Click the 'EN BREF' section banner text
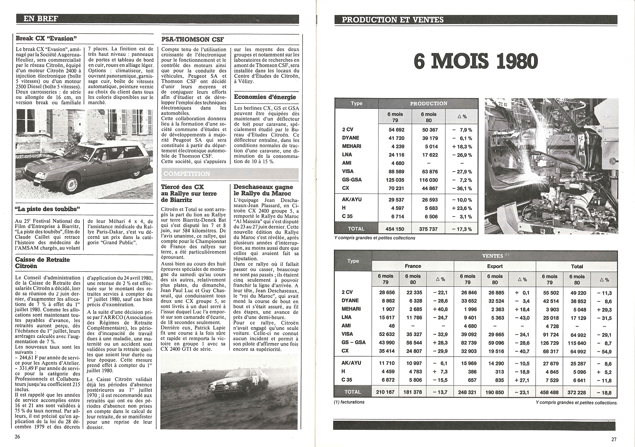click(41, 19)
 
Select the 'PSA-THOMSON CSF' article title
click(193, 39)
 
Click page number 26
click(17, 437)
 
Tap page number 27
click(613, 439)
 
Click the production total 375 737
click(429, 229)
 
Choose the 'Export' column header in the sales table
click(495, 266)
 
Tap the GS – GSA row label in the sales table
click(354, 342)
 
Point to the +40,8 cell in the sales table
click(440, 309)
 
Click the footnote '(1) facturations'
click(349, 402)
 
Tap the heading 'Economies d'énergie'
click(265, 97)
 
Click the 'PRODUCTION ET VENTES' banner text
click(392, 20)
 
